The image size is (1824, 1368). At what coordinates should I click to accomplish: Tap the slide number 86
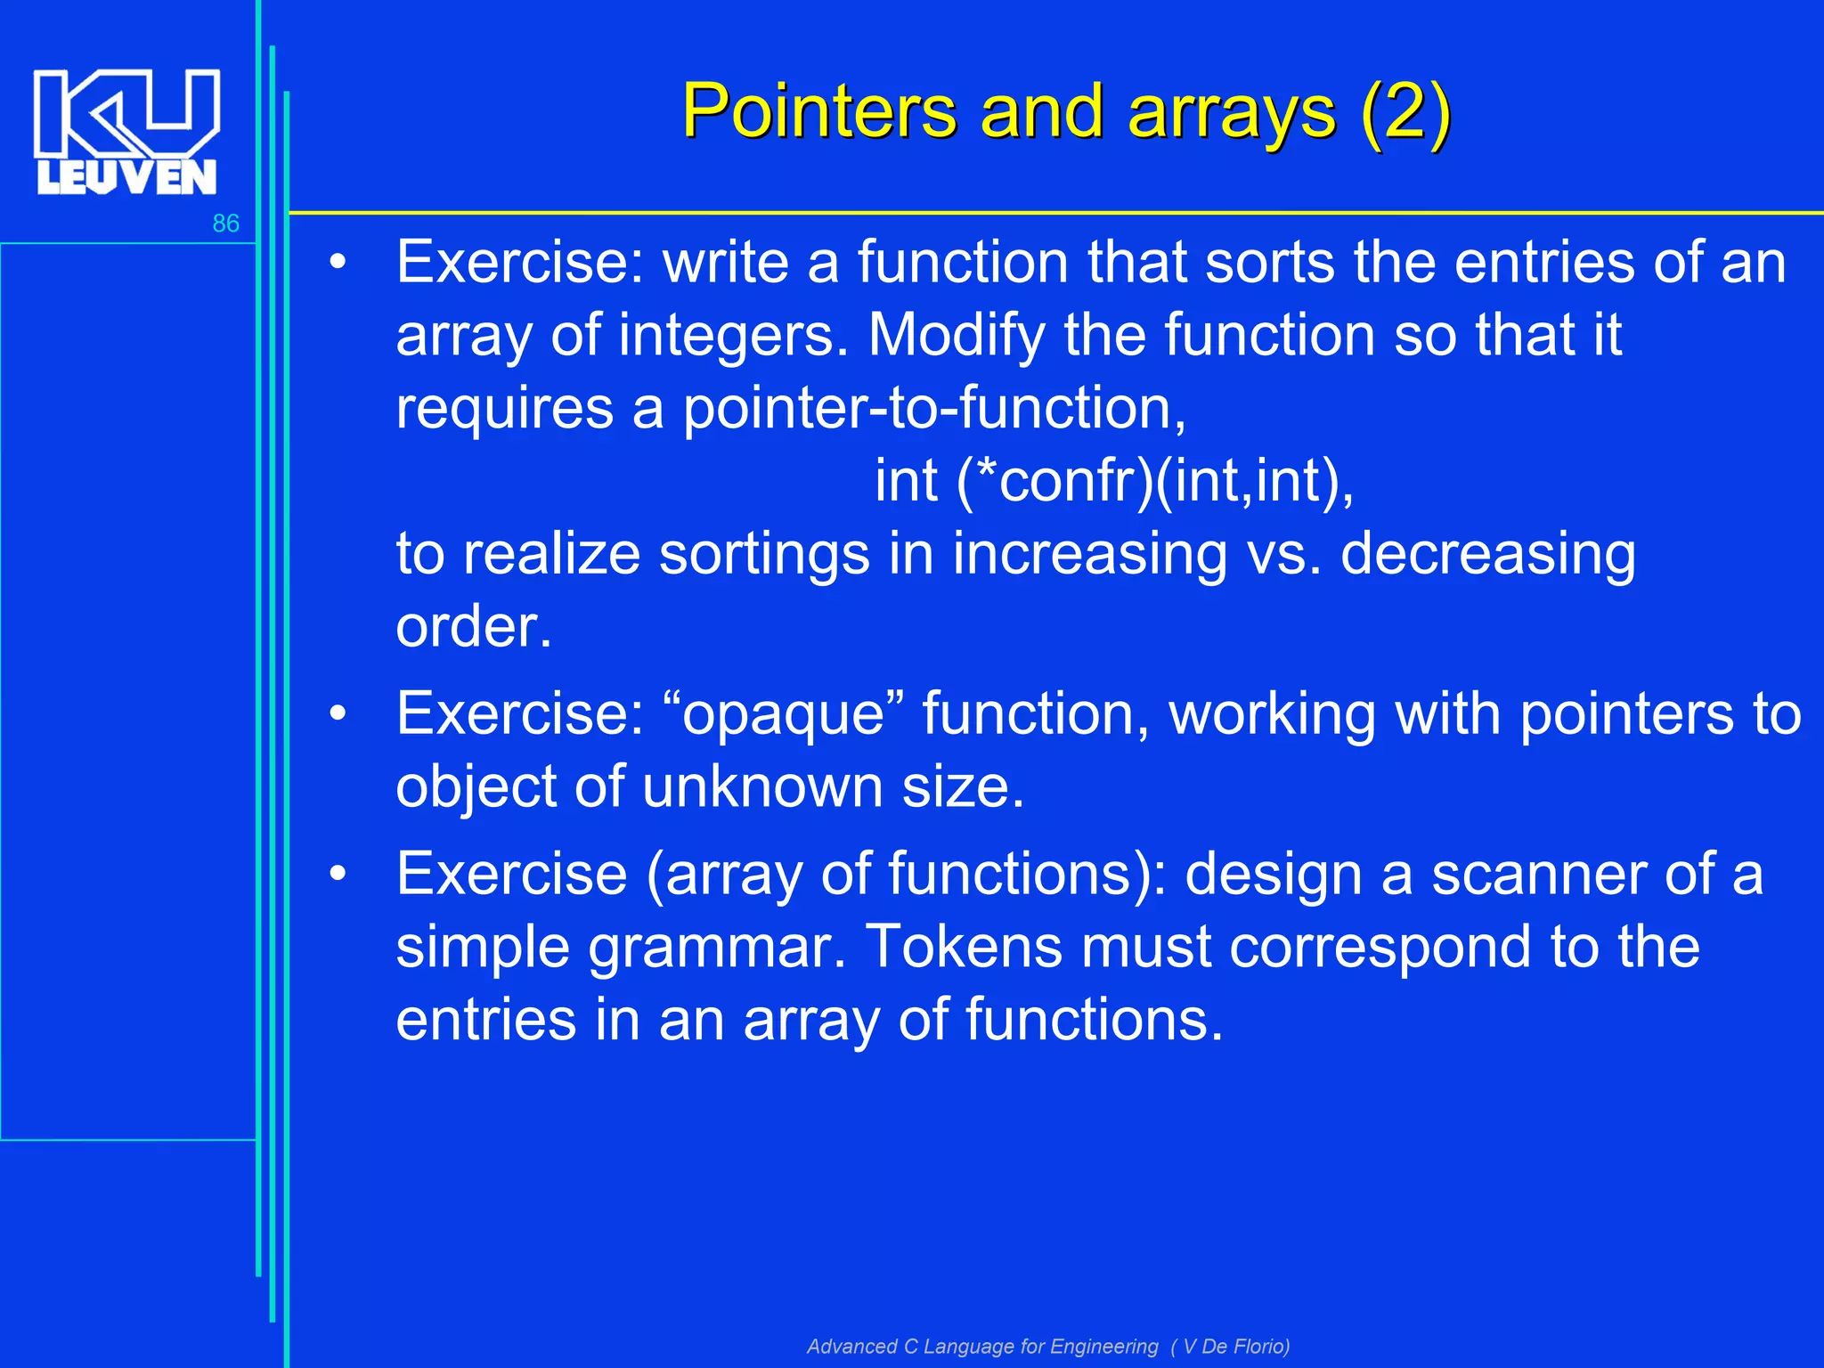coord(225,224)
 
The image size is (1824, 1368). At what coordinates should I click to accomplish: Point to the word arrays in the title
coord(1232,114)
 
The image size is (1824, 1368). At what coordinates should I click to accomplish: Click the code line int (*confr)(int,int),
coord(1114,481)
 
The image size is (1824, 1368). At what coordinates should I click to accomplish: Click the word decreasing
coord(1487,554)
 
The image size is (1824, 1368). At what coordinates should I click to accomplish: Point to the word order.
coord(474,627)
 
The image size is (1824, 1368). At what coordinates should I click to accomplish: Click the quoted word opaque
coord(784,714)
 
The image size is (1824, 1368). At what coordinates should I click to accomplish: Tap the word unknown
coord(762,787)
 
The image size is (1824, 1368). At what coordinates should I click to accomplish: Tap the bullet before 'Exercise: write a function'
coord(337,264)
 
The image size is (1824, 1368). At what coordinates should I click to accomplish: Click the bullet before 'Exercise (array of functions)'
coord(337,875)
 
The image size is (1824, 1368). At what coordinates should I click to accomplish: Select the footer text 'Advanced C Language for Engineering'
coord(982,1346)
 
